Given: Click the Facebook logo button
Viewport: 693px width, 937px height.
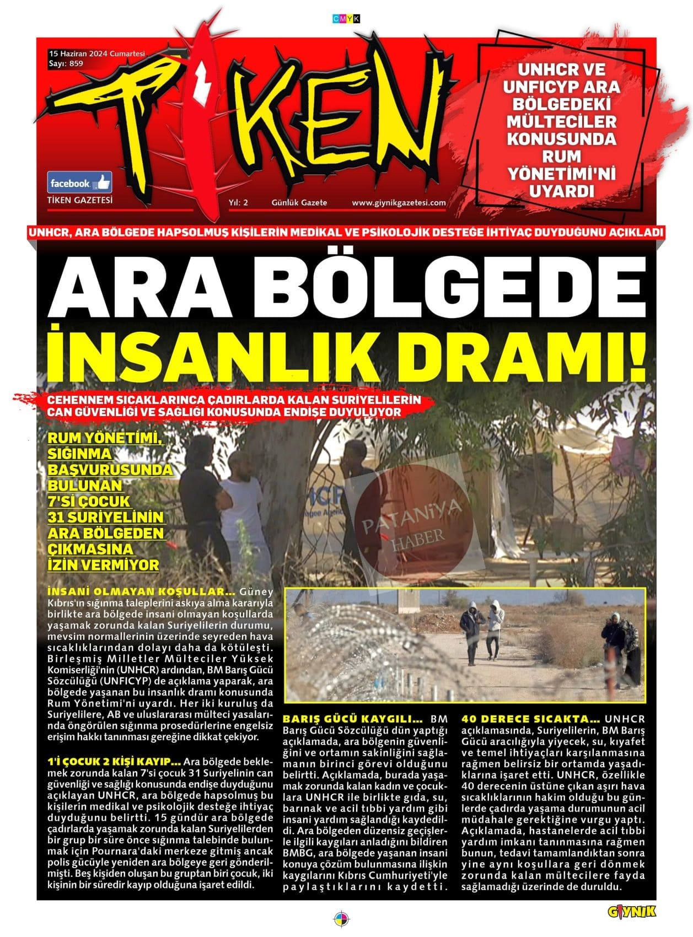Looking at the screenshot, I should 79,182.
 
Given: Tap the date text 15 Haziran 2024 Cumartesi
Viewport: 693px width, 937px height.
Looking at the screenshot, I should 96,54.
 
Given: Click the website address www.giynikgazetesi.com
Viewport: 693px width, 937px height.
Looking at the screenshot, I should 399,203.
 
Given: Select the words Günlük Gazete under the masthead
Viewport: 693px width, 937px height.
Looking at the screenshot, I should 299,203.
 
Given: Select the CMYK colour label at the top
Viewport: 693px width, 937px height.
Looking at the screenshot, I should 346,19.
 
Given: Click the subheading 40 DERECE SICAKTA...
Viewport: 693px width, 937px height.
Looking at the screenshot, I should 530,719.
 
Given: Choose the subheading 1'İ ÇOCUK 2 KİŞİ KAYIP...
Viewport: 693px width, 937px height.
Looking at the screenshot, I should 114,762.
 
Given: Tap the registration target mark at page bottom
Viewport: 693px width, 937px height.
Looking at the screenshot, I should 342,919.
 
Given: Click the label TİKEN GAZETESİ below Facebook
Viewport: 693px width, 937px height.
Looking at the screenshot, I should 80,200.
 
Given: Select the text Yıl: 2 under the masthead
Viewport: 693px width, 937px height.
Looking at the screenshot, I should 238,203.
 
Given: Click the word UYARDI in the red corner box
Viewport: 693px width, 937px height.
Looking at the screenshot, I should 562,191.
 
